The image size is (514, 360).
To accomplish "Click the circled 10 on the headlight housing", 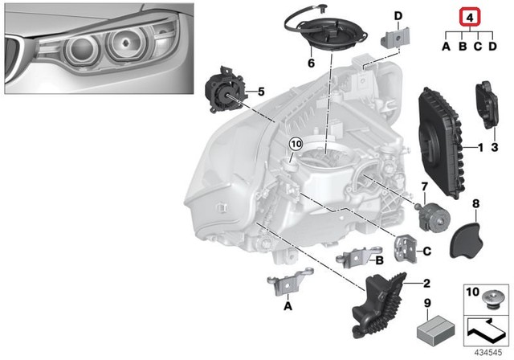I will pos(295,145).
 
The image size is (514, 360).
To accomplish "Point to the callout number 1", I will pos(480,148).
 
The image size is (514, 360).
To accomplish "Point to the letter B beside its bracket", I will pos(380,260).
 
